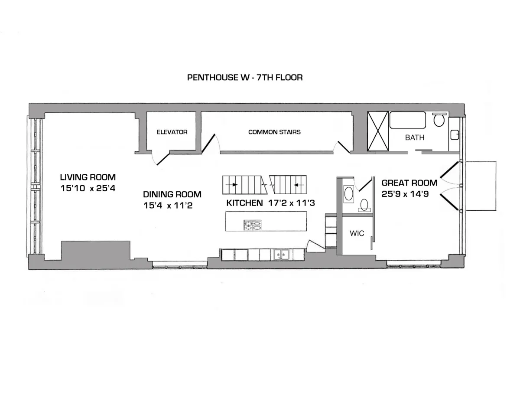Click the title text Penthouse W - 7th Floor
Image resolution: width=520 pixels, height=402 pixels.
244,78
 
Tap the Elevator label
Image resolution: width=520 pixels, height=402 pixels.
172,132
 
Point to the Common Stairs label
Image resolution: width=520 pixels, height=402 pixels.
274,132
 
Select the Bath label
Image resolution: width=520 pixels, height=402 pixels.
415,137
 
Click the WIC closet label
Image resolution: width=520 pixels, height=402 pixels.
357,233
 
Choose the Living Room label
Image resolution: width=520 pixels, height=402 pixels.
88,177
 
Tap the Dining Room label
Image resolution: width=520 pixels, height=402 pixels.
172,195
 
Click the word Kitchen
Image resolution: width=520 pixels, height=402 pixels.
244,203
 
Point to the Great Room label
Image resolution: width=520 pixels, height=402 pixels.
409,183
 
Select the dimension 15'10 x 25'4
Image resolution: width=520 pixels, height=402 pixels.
88,189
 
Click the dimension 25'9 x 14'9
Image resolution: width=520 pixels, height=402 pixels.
405,194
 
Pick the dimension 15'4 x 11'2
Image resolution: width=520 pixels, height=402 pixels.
168,206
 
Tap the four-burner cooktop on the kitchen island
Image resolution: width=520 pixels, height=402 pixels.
253,225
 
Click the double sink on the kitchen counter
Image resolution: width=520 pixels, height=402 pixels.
280,255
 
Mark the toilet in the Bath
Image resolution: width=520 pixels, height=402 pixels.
439,119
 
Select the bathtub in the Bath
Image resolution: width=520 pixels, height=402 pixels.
407,120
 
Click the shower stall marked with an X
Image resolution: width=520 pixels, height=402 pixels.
378,131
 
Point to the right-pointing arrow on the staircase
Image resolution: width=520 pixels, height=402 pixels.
234,184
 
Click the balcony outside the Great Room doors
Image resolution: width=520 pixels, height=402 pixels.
481,186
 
